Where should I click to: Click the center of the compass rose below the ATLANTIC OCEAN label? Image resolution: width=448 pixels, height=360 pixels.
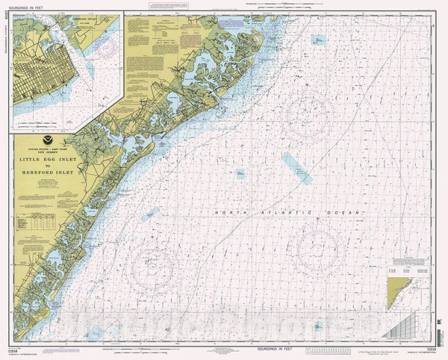[x=317, y=248]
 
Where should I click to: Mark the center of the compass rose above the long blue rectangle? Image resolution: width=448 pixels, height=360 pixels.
[x=309, y=116]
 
